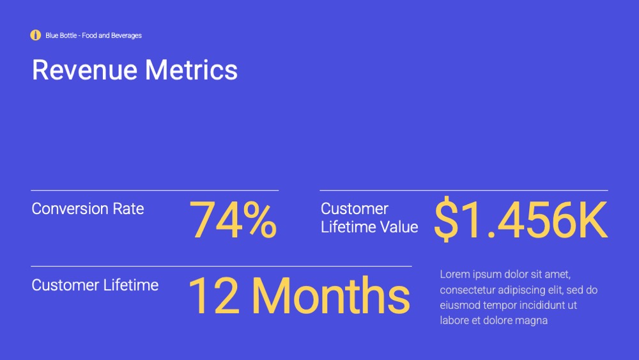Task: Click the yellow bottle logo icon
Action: point(35,35)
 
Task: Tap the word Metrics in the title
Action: point(191,70)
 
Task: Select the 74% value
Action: point(233,220)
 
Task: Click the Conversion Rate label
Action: point(88,208)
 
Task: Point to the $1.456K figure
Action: point(521,219)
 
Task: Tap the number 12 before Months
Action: point(214,295)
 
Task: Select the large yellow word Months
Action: point(331,295)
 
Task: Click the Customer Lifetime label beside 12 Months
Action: point(95,285)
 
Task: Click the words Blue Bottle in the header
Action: point(61,35)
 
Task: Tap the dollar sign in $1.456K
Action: point(446,219)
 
